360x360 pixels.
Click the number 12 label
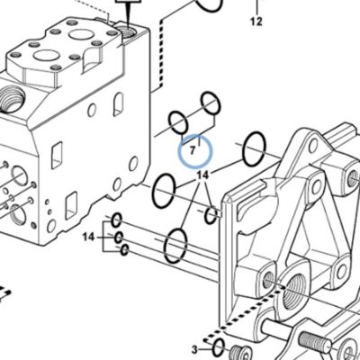tap(256, 22)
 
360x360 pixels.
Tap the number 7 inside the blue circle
tap(193, 150)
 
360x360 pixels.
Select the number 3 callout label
tap(195, 349)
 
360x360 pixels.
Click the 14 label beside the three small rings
tap(88, 238)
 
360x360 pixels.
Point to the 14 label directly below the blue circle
tap(202, 175)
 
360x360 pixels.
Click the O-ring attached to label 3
tap(218, 347)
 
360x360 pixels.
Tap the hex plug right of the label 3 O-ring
tap(241, 354)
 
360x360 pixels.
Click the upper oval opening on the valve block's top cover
tap(80, 34)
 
